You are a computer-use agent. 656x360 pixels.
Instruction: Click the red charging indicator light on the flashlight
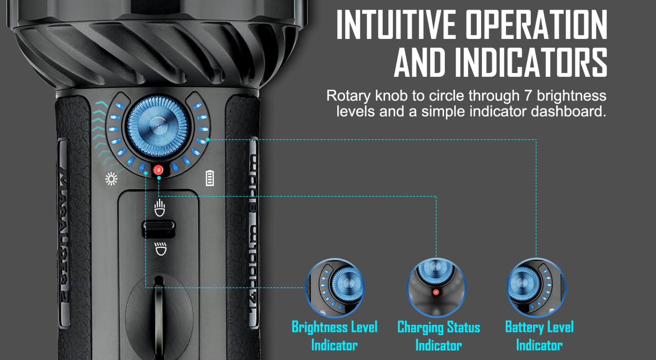158,170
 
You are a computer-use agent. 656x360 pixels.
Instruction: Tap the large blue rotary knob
158,126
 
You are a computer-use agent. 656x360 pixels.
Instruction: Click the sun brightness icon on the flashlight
111,179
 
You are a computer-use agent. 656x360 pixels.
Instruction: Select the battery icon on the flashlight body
210,178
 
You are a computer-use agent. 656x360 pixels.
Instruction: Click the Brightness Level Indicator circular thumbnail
334,288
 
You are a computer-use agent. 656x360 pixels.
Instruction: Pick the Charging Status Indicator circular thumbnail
436,288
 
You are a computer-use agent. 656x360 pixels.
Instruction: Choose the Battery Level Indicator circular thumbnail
536,288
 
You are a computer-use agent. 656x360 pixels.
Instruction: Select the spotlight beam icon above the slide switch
159,208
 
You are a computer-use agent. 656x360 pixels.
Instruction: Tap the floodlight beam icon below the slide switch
160,249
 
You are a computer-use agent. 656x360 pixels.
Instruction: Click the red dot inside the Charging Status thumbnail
436,292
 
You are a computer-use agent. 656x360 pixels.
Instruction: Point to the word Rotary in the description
348,96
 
